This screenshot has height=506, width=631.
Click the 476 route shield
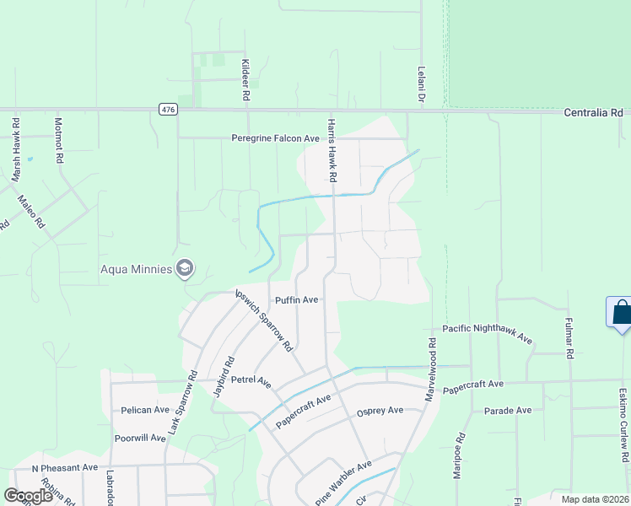click(166, 110)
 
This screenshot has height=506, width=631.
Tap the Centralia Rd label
click(593, 112)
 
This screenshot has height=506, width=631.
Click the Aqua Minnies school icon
click(185, 269)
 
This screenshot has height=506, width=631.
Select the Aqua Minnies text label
click(136, 270)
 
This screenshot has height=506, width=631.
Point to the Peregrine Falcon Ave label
click(276, 138)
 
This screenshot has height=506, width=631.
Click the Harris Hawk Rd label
click(332, 150)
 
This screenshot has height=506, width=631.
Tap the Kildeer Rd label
click(246, 82)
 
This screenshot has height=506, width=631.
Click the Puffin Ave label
click(296, 299)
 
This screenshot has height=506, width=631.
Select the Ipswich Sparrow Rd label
click(263, 320)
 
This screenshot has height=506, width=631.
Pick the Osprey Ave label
click(380, 411)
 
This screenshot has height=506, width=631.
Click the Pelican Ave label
click(145, 410)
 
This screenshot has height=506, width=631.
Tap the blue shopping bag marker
click(622, 313)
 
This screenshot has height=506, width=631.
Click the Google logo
click(28, 496)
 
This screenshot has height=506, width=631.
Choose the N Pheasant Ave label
click(65, 467)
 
